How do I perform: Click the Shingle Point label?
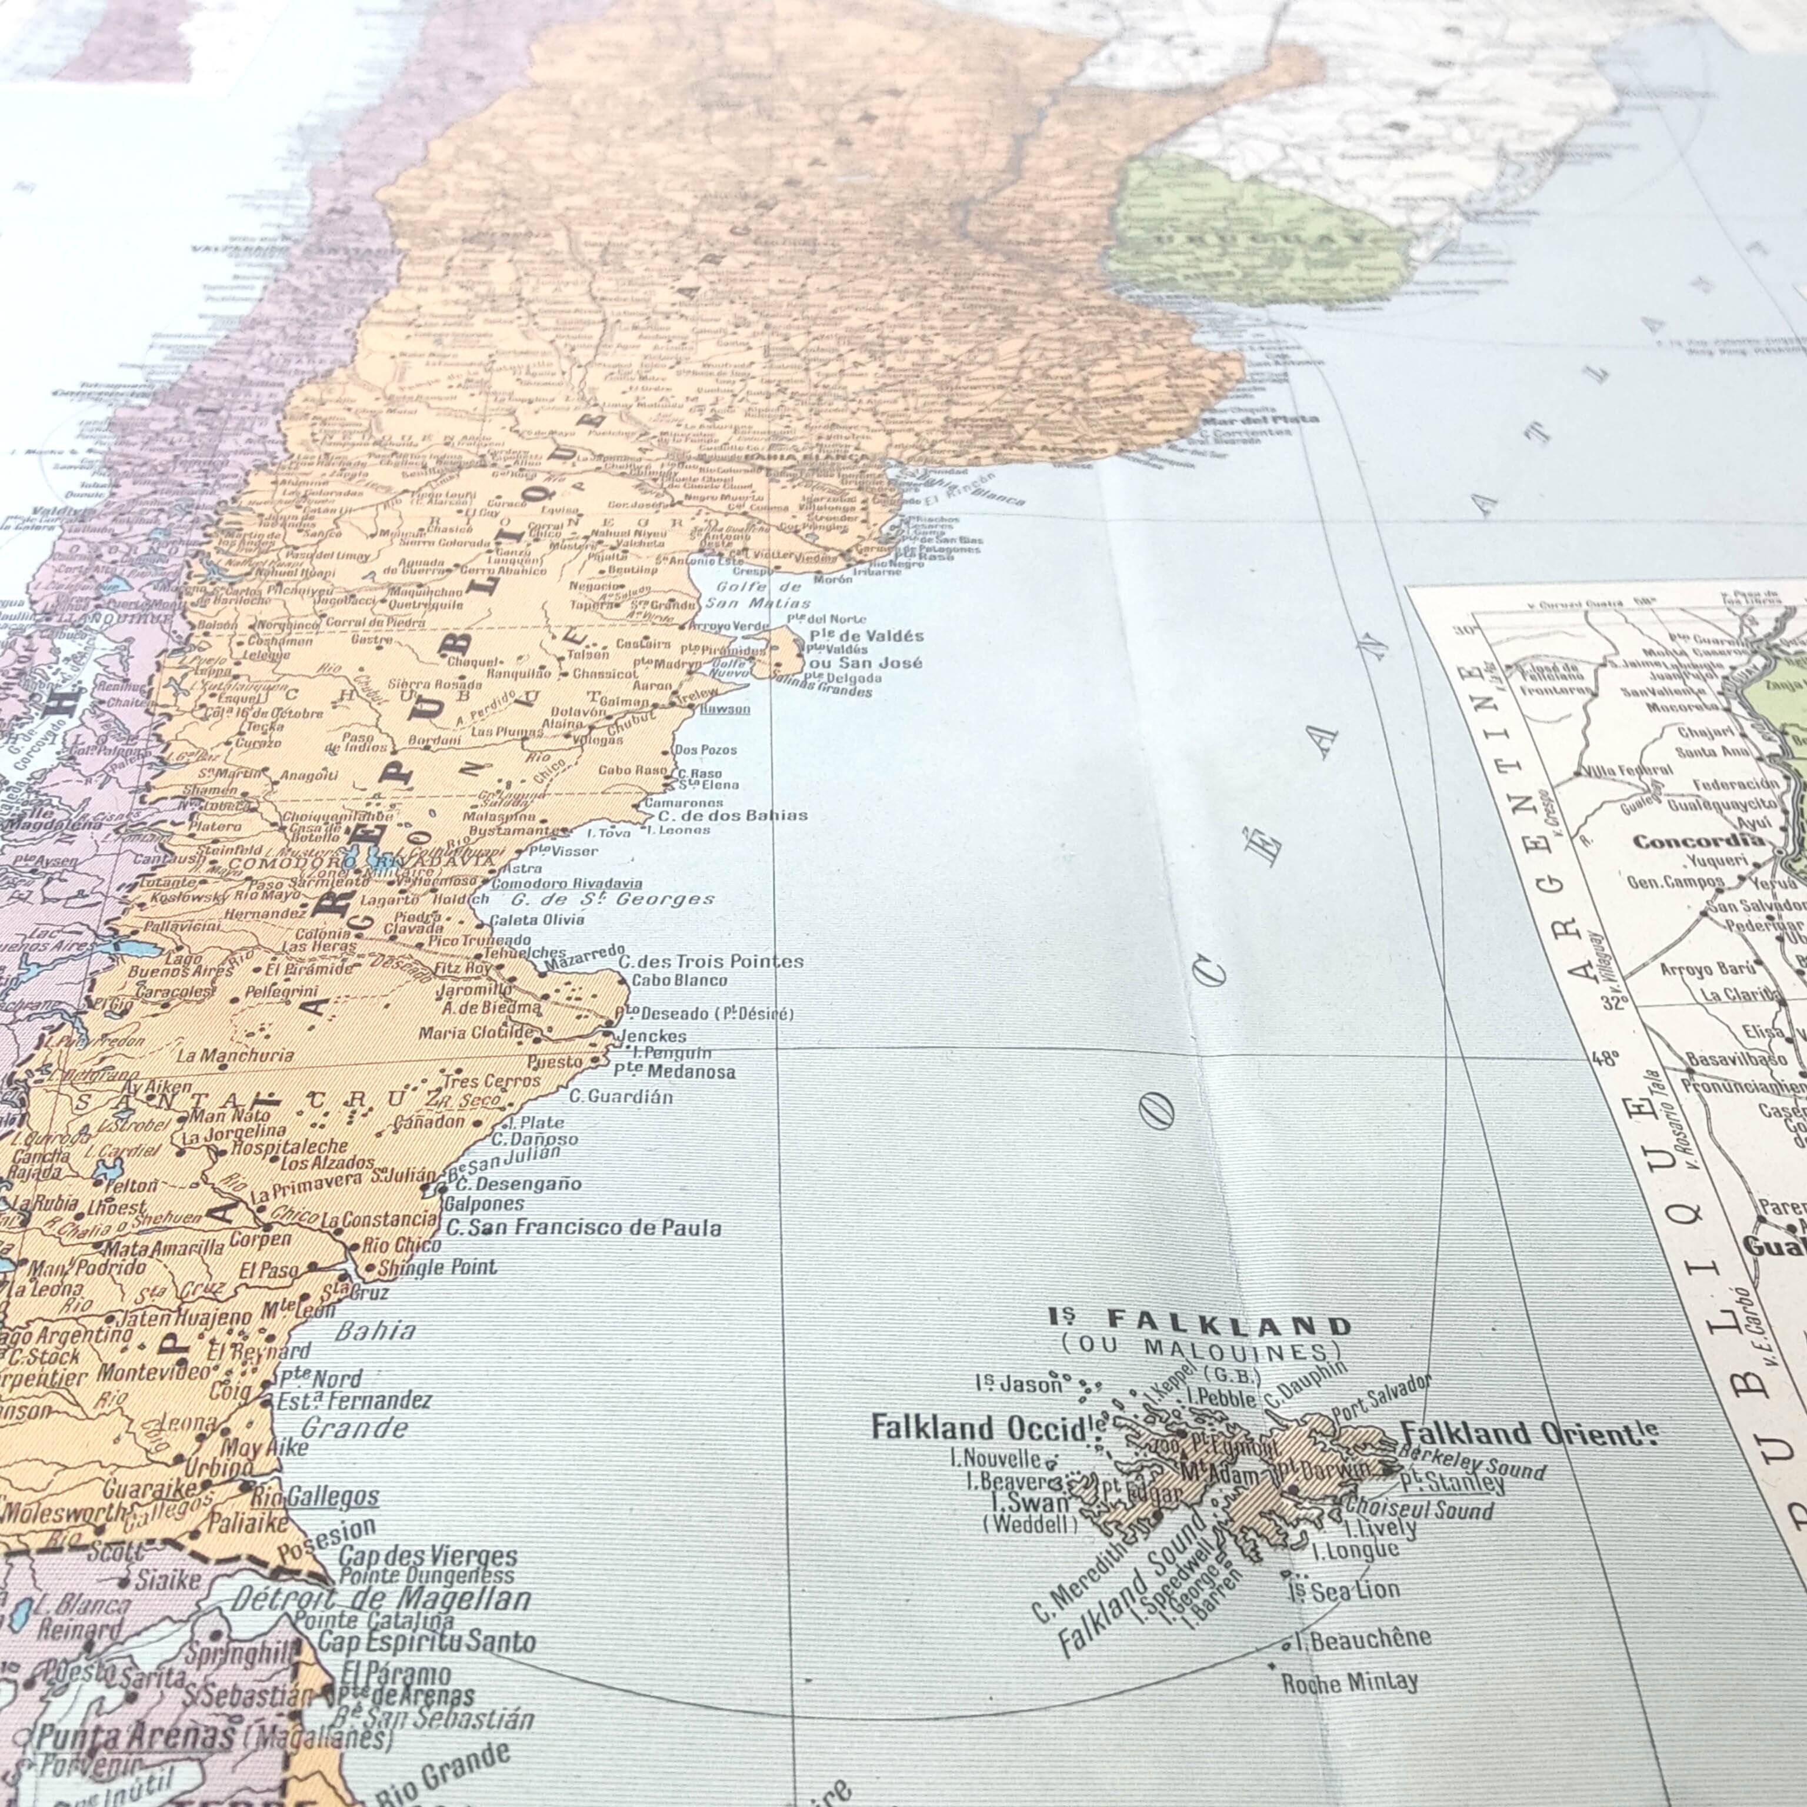[x=438, y=1268]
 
